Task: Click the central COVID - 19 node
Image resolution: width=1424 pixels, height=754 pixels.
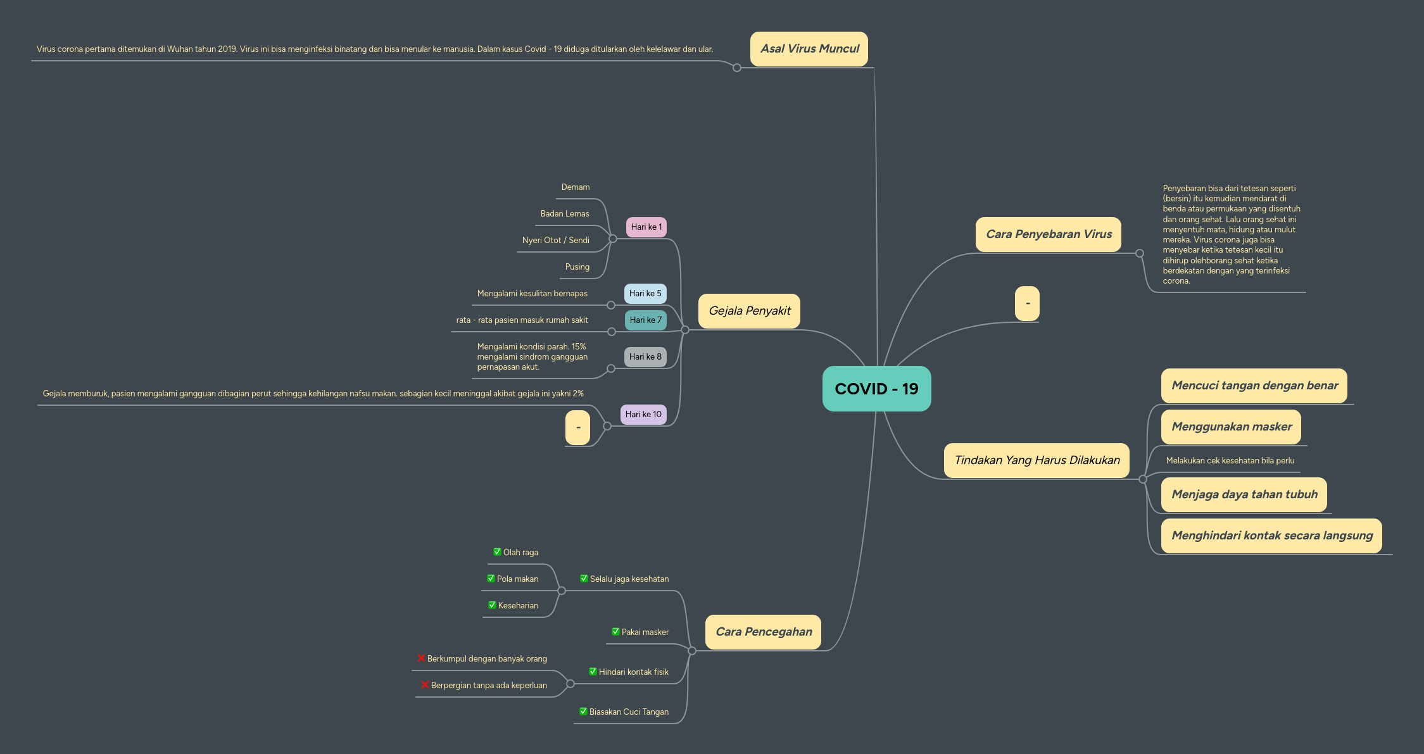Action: (x=876, y=389)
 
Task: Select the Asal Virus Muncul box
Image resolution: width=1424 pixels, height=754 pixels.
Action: (x=809, y=49)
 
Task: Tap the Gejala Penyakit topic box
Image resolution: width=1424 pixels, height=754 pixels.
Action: (x=749, y=311)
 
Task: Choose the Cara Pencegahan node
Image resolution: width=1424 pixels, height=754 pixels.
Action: (x=763, y=632)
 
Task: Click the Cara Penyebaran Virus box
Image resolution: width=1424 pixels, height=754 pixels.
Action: (x=1048, y=234)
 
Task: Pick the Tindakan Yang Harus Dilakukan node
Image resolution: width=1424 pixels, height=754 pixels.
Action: (x=1036, y=460)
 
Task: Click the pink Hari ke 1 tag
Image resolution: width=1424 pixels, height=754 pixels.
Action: (x=646, y=227)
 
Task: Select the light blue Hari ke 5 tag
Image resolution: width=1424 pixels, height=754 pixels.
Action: (x=645, y=294)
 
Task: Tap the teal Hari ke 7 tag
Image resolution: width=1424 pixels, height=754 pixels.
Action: (x=645, y=320)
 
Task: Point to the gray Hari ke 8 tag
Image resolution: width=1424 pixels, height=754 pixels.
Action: (x=645, y=357)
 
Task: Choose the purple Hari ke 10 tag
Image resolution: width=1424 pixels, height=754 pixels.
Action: (x=643, y=415)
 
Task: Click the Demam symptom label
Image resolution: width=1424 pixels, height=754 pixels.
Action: (x=575, y=187)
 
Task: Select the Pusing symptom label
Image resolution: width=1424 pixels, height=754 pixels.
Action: (x=577, y=267)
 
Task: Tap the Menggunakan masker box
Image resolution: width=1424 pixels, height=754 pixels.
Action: (x=1231, y=427)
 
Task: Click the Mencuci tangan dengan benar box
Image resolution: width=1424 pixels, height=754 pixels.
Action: (x=1254, y=386)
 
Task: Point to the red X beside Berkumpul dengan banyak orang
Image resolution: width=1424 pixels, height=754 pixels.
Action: (x=421, y=658)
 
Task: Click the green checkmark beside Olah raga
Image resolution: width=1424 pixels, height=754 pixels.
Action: (x=497, y=552)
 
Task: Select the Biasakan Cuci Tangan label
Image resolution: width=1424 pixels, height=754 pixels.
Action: (x=628, y=712)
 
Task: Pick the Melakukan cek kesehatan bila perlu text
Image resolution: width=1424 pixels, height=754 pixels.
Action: (x=1230, y=461)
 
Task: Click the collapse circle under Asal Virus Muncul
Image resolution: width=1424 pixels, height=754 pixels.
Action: (x=736, y=68)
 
